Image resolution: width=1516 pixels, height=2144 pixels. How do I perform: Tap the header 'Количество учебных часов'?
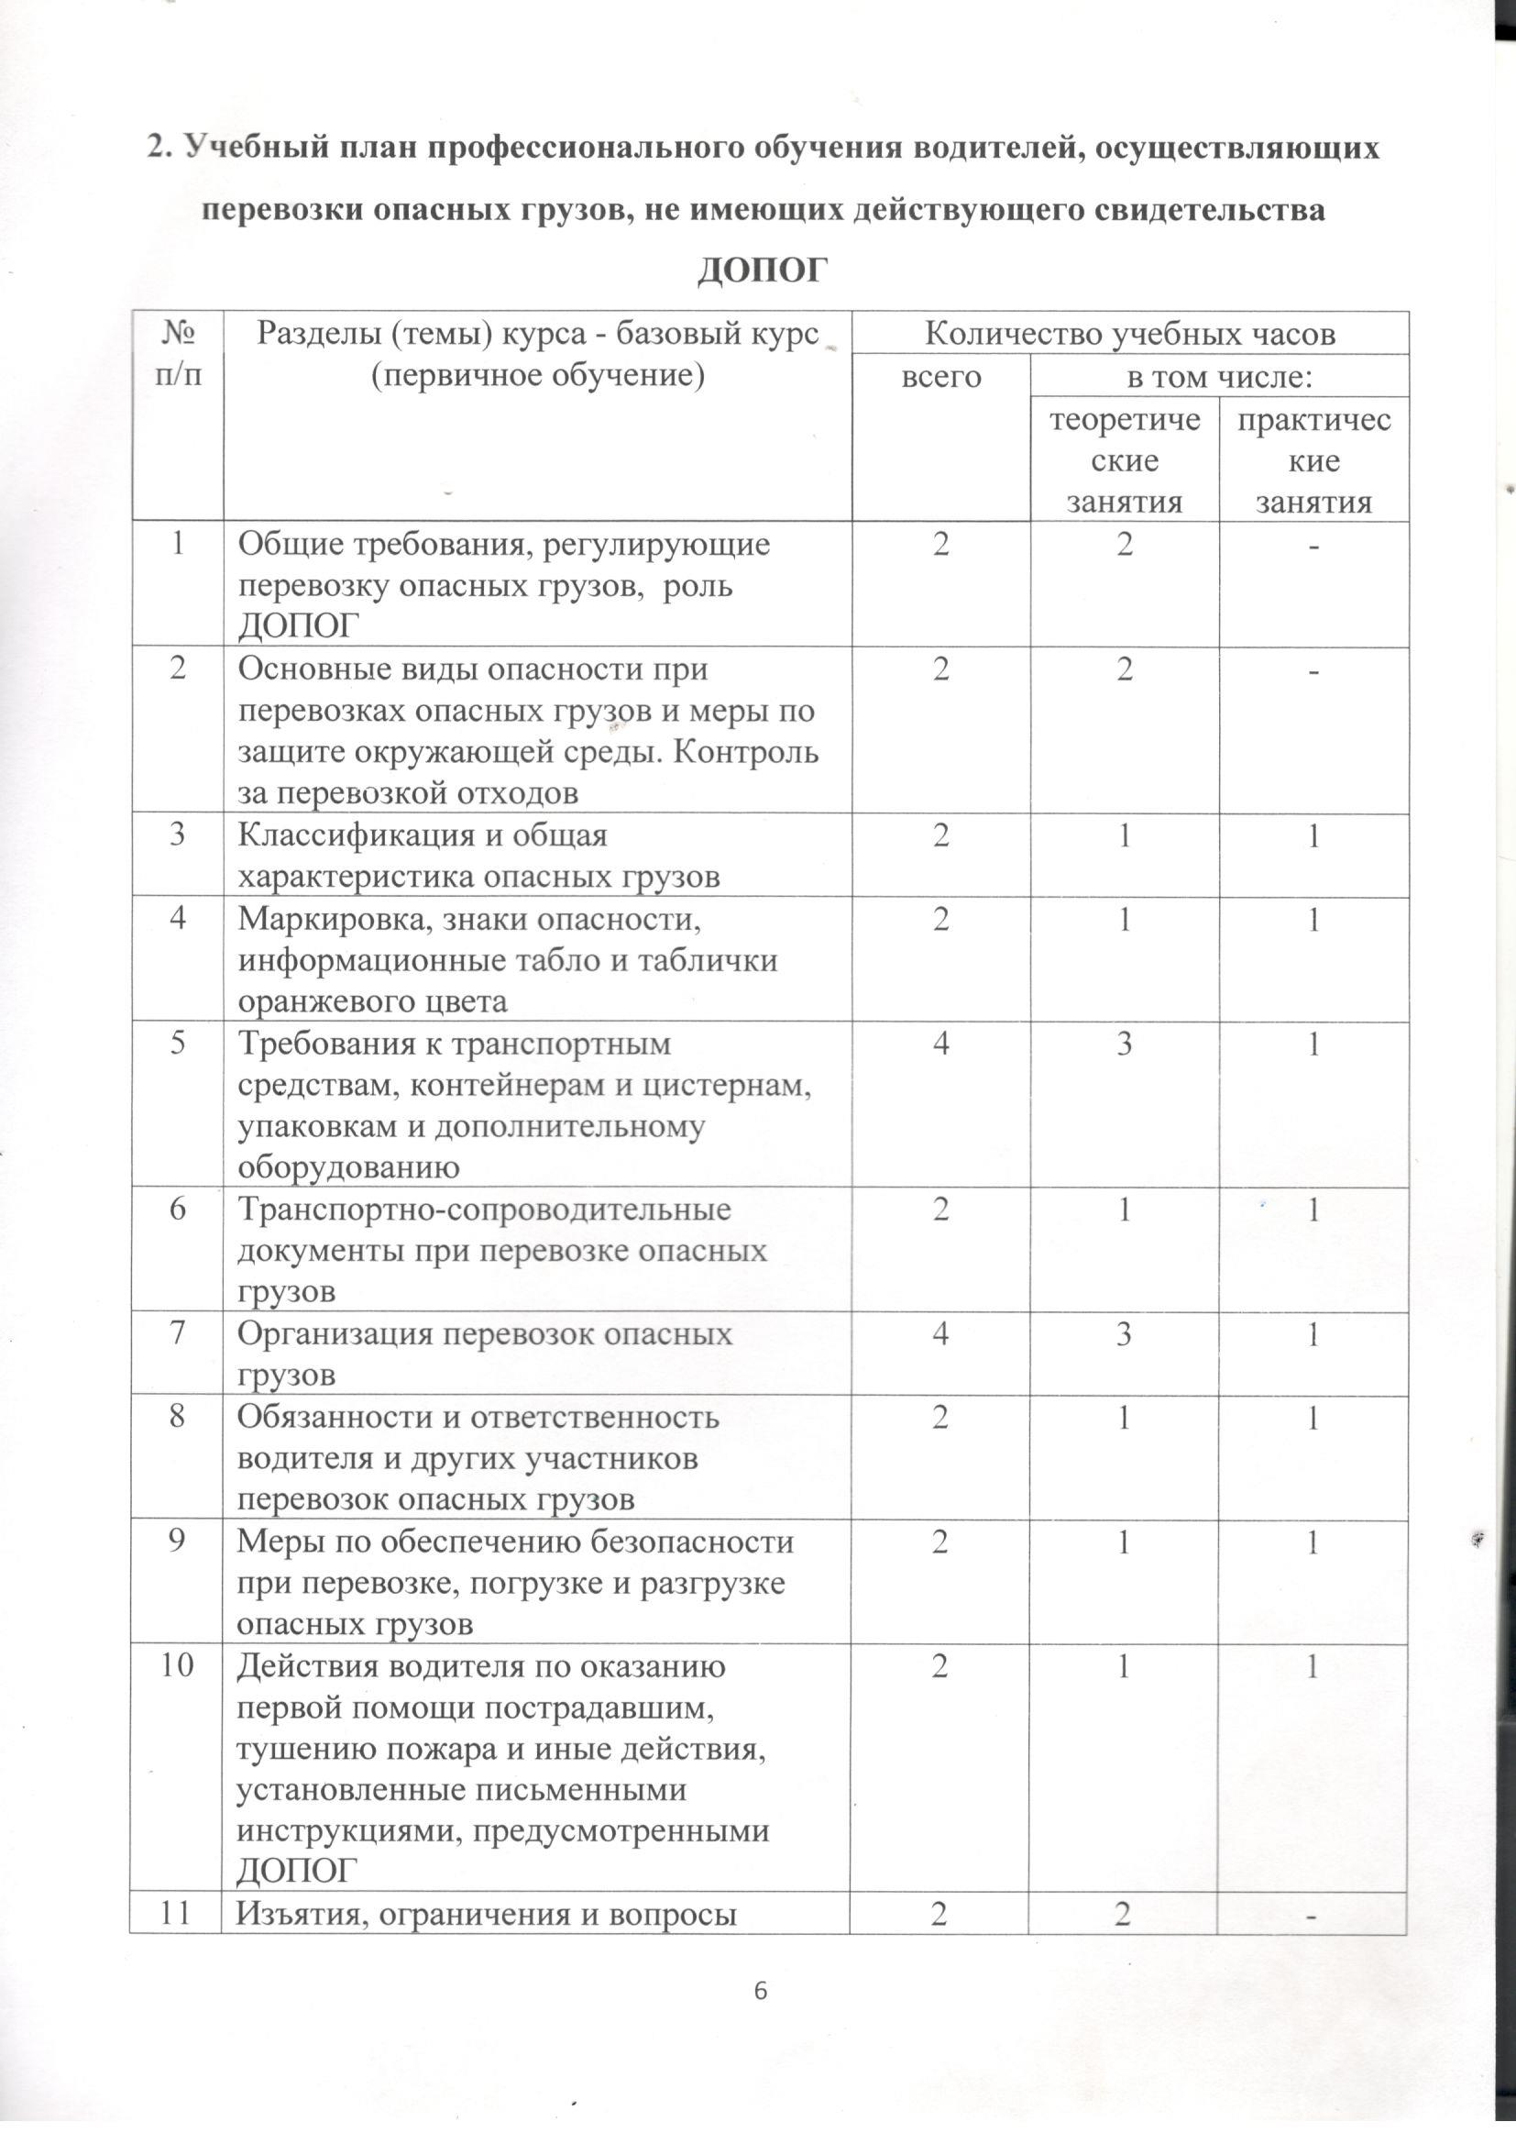[1129, 334]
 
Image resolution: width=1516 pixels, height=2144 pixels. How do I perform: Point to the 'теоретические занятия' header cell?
[1125, 461]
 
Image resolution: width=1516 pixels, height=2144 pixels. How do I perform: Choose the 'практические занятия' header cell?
[1313, 461]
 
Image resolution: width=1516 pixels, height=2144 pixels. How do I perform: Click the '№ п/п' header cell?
[176, 353]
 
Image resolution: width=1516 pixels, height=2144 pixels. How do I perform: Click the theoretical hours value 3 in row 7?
[1125, 1336]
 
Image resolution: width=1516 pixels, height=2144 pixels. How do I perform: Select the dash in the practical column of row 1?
[1313, 547]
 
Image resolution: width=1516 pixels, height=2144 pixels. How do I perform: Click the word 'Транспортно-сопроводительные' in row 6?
[485, 1210]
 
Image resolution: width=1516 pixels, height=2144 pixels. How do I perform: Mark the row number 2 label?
[176, 671]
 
